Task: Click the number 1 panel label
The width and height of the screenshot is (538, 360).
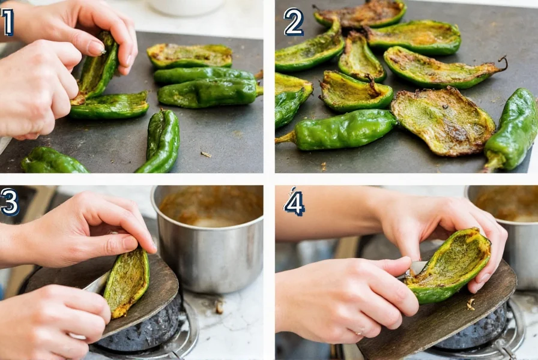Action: pos(7,22)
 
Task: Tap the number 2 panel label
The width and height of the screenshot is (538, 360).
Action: pos(294,22)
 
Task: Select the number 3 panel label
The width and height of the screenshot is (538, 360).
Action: pos(10,202)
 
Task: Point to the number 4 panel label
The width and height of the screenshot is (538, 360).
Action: pos(294,202)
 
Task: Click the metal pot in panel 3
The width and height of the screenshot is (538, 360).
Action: pos(210,240)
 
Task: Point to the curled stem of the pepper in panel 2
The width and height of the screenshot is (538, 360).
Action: pos(502,62)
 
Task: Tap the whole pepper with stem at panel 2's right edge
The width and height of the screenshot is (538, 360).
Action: pos(514,129)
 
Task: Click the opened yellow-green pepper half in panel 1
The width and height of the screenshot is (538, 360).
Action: pos(189,55)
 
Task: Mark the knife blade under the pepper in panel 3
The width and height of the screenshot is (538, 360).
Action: pos(96,284)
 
